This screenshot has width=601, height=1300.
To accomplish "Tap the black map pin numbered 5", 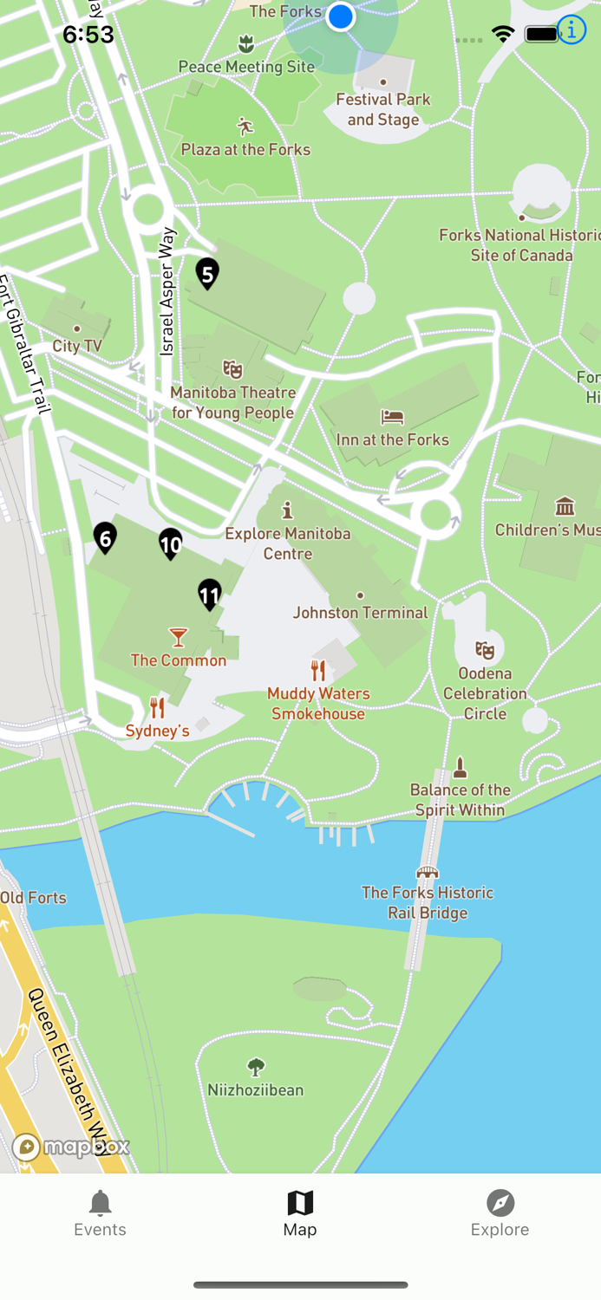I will pyautogui.click(x=206, y=274).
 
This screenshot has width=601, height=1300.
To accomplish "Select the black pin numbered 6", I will pyautogui.click(x=105, y=538).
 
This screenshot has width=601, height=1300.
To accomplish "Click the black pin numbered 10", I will pyautogui.click(x=171, y=543).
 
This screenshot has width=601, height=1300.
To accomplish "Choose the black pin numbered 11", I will pyautogui.click(x=209, y=595).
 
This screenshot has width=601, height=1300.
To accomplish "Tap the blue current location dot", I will pyautogui.click(x=341, y=16).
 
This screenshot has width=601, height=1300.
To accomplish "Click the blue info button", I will pyautogui.click(x=572, y=30).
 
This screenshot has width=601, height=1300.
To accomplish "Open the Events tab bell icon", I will pyautogui.click(x=100, y=1203).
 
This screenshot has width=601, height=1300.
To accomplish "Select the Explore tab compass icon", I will pyautogui.click(x=500, y=1203).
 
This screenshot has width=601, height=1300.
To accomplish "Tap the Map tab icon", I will pyautogui.click(x=300, y=1203).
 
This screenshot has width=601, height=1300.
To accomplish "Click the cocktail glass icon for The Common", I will pyautogui.click(x=178, y=638).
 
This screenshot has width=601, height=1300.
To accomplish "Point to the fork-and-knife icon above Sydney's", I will pyautogui.click(x=157, y=708).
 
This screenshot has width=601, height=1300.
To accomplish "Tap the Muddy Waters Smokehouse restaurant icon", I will pyautogui.click(x=318, y=670).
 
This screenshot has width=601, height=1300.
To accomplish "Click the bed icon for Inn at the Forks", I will pyautogui.click(x=392, y=417).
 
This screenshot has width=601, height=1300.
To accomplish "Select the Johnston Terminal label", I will pyautogui.click(x=360, y=613).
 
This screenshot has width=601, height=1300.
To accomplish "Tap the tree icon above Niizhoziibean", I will pyautogui.click(x=255, y=1067).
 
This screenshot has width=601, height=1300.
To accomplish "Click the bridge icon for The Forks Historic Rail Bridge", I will pyautogui.click(x=427, y=872).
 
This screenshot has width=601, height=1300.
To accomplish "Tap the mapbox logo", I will pyautogui.click(x=71, y=1147).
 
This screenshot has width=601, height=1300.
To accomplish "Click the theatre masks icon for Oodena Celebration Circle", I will pyautogui.click(x=485, y=649).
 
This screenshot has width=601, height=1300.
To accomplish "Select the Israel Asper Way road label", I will pyautogui.click(x=167, y=291).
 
